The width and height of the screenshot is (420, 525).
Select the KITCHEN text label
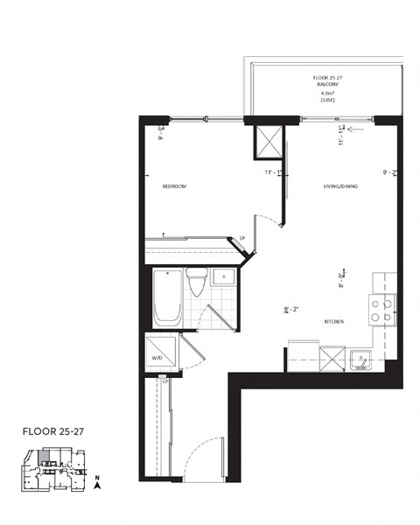(x=333, y=321)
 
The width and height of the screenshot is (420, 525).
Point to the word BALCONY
(x=325, y=85)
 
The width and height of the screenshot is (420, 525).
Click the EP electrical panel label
(x=241, y=237)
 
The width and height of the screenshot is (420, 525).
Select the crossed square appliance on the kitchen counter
(x=332, y=358)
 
